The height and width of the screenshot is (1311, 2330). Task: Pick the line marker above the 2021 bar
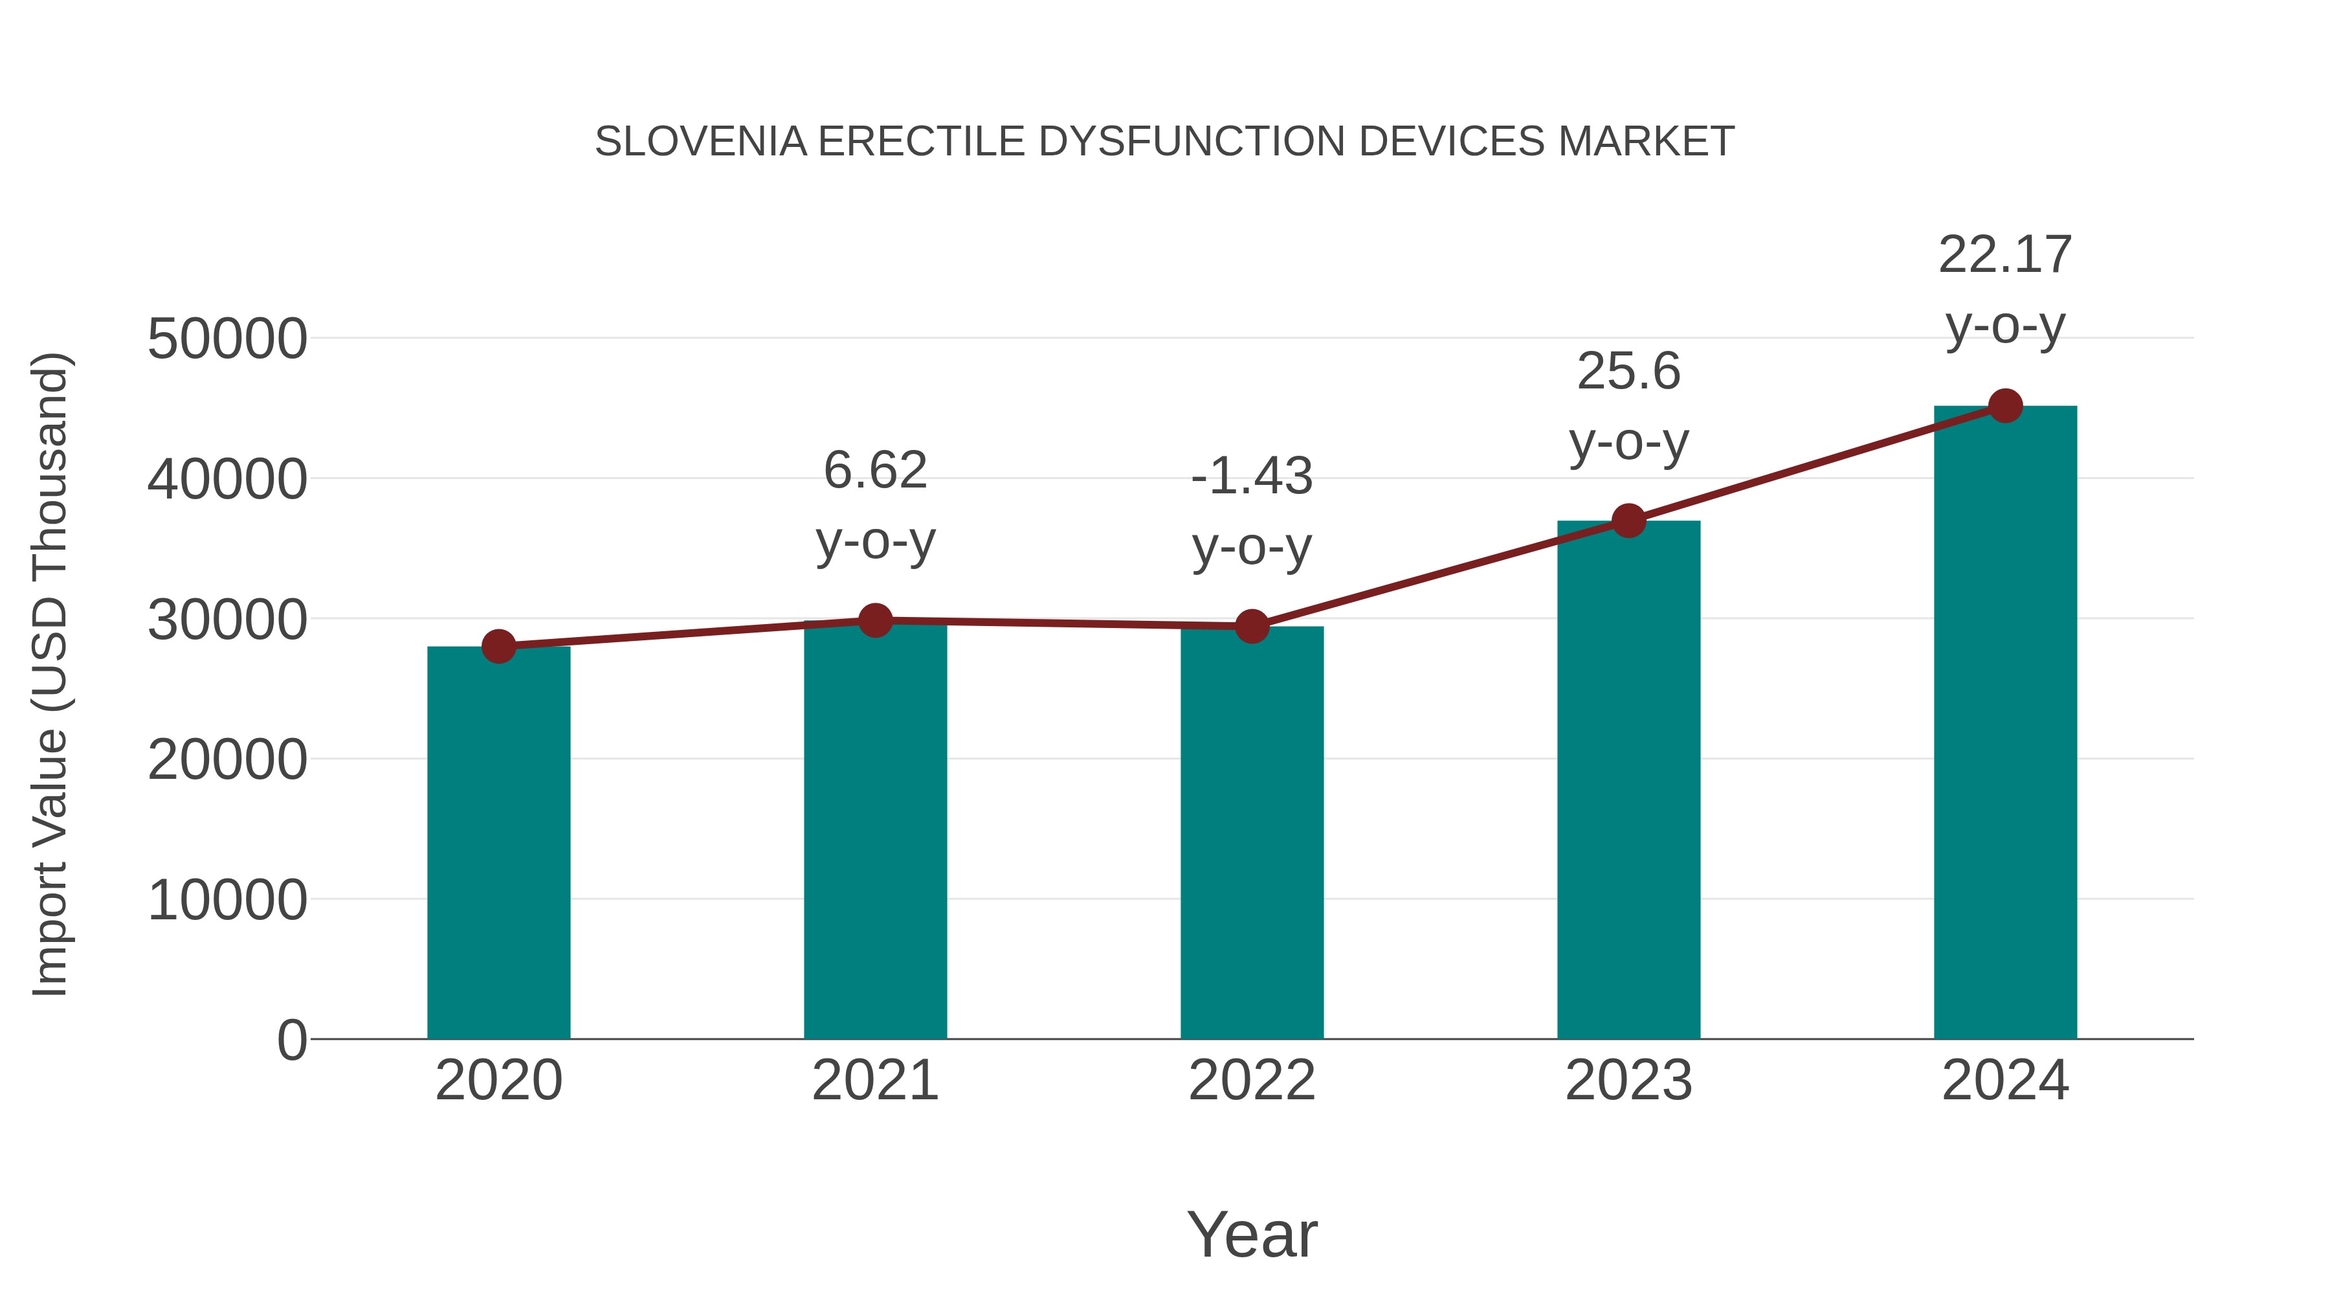pyautogui.click(x=874, y=621)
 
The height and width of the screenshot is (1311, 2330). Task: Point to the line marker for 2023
pyautogui.click(x=1628, y=521)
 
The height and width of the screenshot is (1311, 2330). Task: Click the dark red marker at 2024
pyautogui.click(x=2005, y=406)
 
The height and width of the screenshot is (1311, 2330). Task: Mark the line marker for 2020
pyautogui.click(x=498, y=646)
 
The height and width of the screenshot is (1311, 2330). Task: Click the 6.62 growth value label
pyautogui.click(x=874, y=471)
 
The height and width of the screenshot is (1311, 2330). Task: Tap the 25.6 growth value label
pyautogui.click(x=1628, y=372)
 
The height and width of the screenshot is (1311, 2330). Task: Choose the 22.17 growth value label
pyautogui.click(x=2005, y=255)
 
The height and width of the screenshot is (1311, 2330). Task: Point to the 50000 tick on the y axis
pyautogui.click(x=227, y=339)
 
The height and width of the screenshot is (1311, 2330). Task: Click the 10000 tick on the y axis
pyautogui.click(x=227, y=901)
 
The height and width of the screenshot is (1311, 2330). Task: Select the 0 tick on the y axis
pyautogui.click(x=292, y=1040)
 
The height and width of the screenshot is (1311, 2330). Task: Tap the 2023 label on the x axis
pyautogui.click(x=1628, y=1081)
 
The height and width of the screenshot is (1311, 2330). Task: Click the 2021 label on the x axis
pyautogui.click(x=874, y=1081)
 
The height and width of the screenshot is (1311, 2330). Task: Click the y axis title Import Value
pyautogui.click(x=50, y=674)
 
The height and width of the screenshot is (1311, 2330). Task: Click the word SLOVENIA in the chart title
pyautogui.click(x=701, y=142)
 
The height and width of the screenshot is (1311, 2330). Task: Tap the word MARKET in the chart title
pyautogui.click(x=1645, y=142)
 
